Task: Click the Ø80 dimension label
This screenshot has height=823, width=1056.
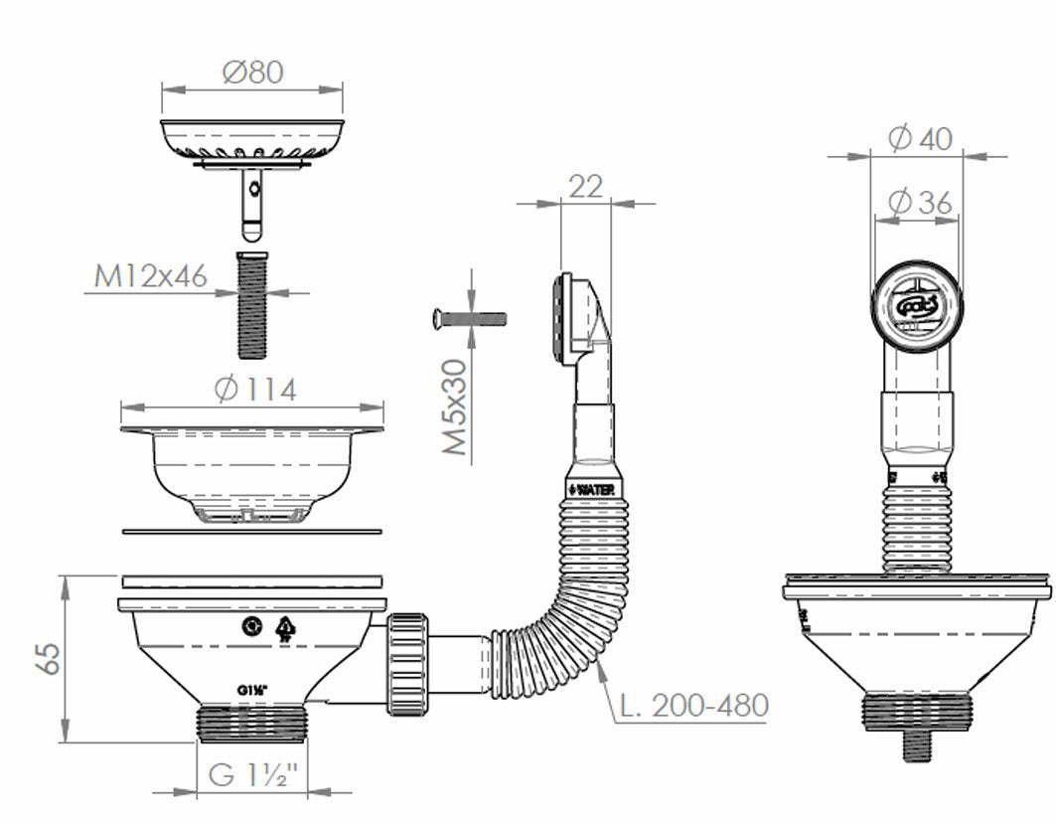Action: pos(252,72)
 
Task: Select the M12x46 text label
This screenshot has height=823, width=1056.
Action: pos(151,275)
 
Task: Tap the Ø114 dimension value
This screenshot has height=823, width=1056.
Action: pos(254,390)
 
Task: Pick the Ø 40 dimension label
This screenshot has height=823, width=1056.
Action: pos(919,139)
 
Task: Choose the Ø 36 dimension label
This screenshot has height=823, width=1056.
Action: pos(919,202)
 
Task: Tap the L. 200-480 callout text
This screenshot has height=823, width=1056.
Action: pos(693,706)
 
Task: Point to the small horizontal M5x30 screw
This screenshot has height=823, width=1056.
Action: pos(470,319)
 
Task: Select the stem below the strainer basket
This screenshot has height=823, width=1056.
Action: pos(252,203)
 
